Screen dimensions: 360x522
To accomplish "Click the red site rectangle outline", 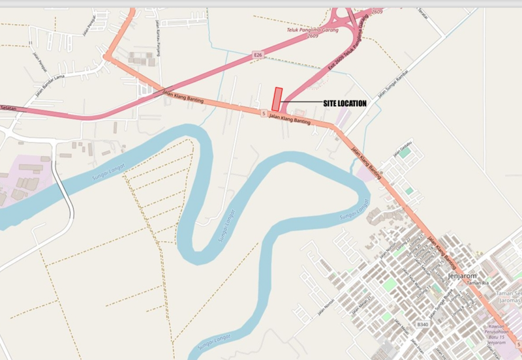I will coord(277,99).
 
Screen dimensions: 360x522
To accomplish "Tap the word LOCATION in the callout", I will coord(354,104).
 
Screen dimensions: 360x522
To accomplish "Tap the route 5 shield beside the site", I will coord(262,113).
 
